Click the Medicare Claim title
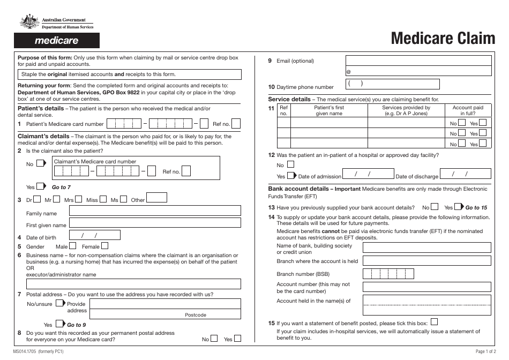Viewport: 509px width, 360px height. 443,39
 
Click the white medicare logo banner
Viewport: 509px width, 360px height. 57,41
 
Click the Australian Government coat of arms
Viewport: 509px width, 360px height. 27,22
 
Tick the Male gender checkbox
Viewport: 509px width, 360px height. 73,246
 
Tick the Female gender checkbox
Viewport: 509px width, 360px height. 105,246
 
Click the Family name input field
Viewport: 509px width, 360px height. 155,213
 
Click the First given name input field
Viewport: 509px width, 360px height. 155,225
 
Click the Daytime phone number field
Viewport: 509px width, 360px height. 392,84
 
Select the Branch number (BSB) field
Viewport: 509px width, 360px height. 388,274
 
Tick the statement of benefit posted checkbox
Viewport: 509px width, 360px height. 434,322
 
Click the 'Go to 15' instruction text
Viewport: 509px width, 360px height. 476,207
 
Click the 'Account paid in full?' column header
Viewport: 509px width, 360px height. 468,110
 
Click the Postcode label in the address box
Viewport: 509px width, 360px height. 196,315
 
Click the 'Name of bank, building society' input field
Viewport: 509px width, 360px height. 426,247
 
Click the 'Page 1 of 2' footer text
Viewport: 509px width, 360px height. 488,351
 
